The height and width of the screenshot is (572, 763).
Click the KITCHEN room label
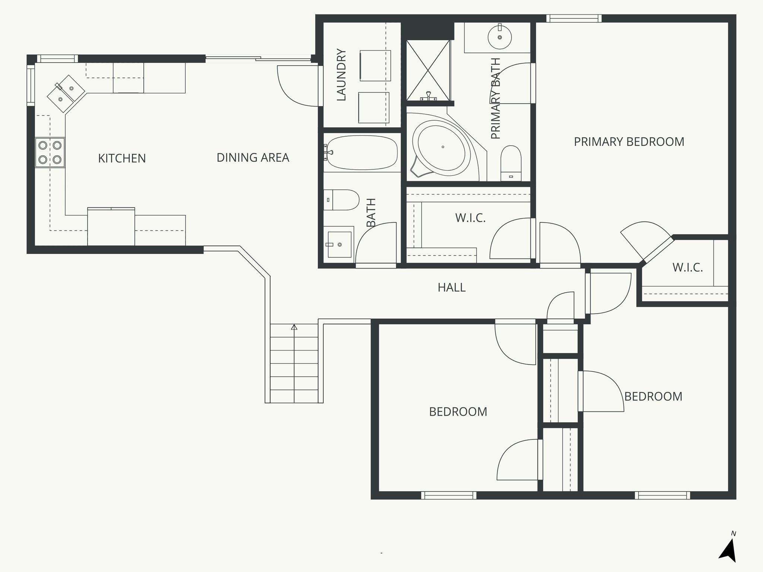pos(122,158)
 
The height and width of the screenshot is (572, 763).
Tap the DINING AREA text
pos(253,158)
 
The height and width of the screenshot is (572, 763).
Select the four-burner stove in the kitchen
pos(50,152)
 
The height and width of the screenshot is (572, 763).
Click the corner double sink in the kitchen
pos(66,93)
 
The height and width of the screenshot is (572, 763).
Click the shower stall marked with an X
pos(428,70)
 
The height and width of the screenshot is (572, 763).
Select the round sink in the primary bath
pos(499,37)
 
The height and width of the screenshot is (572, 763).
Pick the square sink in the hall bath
pos(339,244)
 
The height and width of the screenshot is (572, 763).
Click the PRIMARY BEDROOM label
pos(629,142)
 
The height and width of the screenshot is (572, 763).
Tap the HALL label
pos(452,287)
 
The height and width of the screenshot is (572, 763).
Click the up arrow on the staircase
pos(294,327)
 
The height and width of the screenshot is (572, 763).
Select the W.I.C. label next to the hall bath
pos(470,218)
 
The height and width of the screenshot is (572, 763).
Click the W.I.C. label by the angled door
pos(687,267)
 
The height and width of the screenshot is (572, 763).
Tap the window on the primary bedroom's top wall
pos(574,18)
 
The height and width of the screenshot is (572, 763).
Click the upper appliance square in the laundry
pos(375,66)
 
